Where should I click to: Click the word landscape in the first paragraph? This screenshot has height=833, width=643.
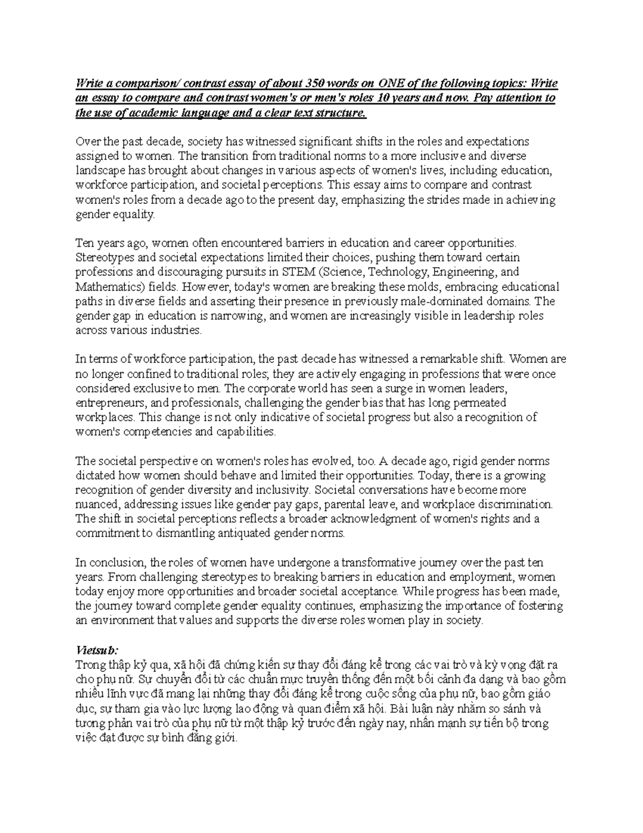click(100, 171)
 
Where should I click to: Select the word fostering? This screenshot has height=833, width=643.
click(537, 606)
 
